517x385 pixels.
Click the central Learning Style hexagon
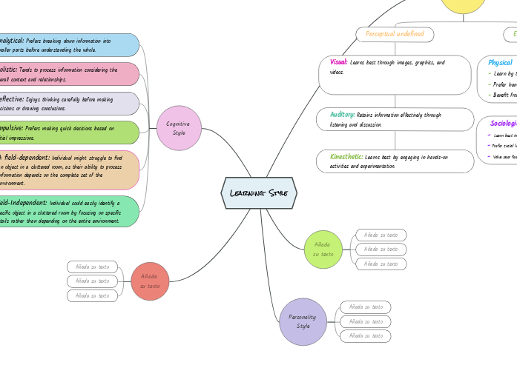tap(259, 193)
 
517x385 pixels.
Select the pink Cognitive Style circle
tap(179, 128)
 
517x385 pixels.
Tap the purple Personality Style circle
tap(303, 321)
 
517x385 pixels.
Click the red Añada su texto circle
tap(150, 281)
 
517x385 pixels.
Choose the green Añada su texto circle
tap(323, 249)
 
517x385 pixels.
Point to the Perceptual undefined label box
tap(395, 34)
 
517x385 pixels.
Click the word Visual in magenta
tap(338, 63)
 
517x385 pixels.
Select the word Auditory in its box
tap(342, 115)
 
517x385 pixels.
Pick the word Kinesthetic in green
tap(346, 157)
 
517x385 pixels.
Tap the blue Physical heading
tap(500, 63)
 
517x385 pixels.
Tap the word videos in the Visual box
tap(337, 73)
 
